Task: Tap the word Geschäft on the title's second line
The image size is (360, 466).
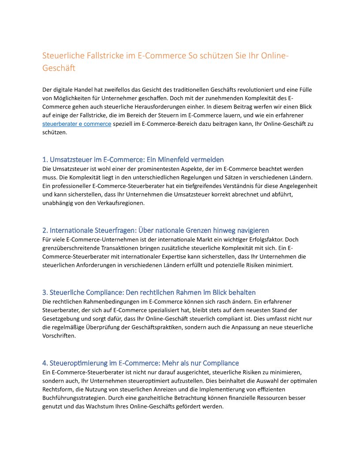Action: point(59,68)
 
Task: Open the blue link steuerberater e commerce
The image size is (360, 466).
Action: point(77,124)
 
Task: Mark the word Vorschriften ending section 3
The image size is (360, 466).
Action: point(59,335)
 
